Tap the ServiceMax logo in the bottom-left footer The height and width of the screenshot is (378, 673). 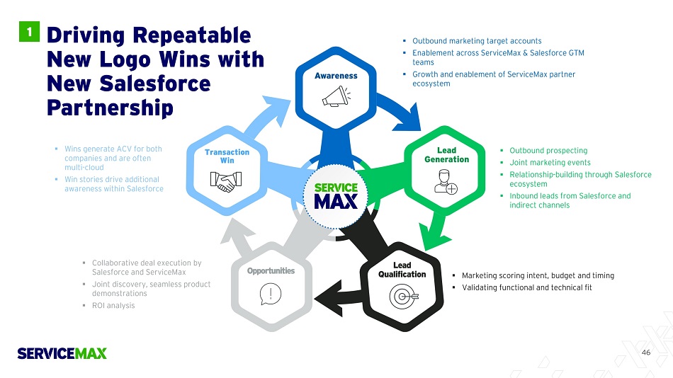(62, 353)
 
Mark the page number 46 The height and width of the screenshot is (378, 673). (645, 352)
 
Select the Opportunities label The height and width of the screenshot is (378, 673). (271, 270)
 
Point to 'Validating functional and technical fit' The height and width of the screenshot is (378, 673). (526, 287)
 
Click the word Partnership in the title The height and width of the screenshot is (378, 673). (110, 108)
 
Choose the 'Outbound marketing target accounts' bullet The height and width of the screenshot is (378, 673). (476, 41)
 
